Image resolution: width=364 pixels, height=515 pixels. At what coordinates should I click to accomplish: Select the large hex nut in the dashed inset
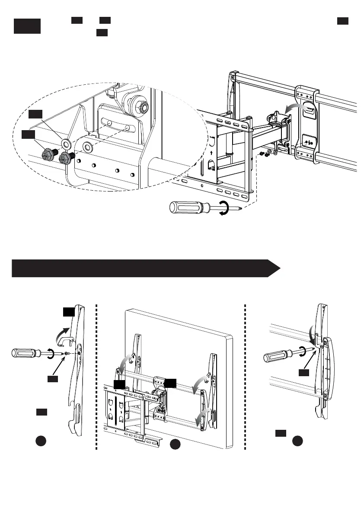(x=140, y=106)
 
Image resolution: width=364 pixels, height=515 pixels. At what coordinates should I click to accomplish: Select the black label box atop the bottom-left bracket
(x=69, y=311)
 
